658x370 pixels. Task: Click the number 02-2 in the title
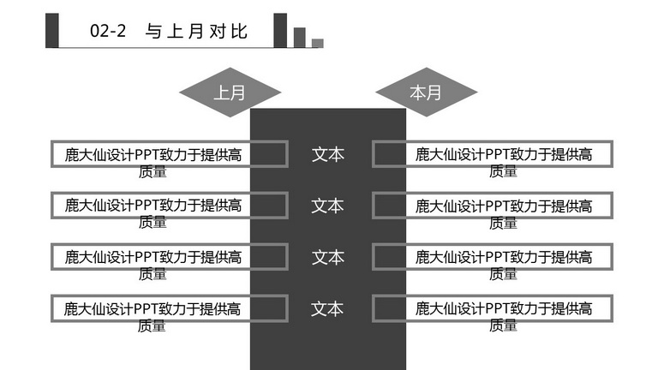(x=108, y=31)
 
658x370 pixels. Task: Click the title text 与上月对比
(x=196, y=32)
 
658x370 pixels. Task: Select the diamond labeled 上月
(x=230, y=92)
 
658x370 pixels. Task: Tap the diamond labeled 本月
(x=427, y=92)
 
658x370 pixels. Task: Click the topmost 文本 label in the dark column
(x=328, y=154)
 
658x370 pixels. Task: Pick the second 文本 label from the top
(x=328, y=206)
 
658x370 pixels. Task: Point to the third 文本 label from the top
(x=328, y=257)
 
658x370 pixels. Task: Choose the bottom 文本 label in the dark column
(x=327, y=308)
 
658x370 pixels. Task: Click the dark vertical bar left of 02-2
(x=52, y=30)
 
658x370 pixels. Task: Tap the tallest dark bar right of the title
(x=280, y=30)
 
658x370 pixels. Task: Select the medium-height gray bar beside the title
(x=300, y=38)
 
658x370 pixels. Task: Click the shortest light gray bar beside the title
(x=318, y=43)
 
